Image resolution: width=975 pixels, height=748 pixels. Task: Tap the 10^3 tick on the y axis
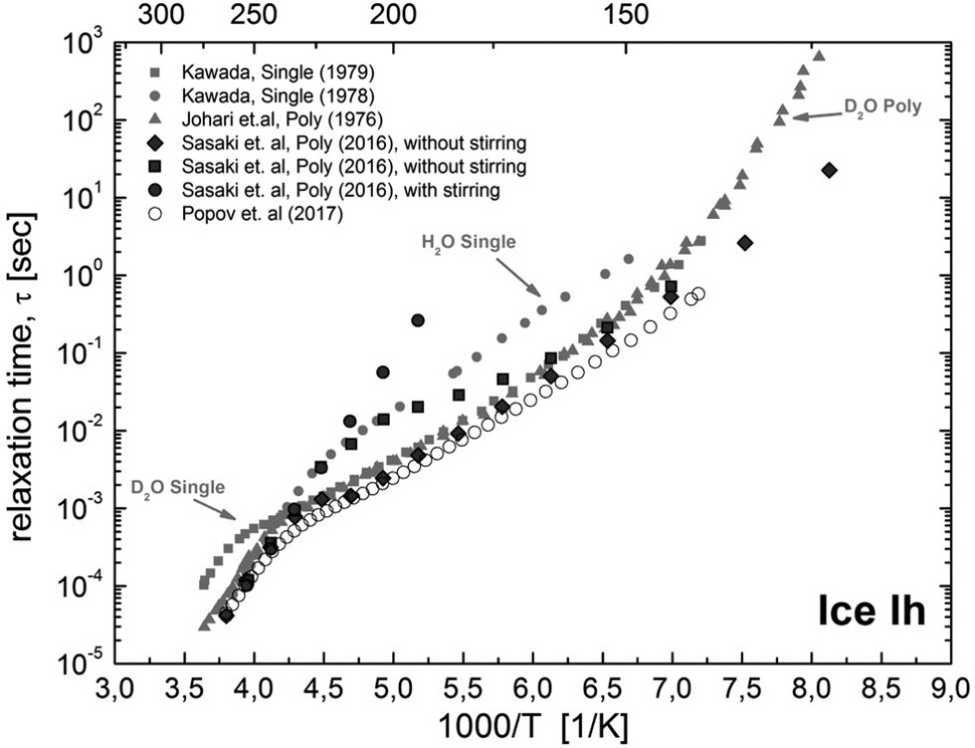pos(84,45)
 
